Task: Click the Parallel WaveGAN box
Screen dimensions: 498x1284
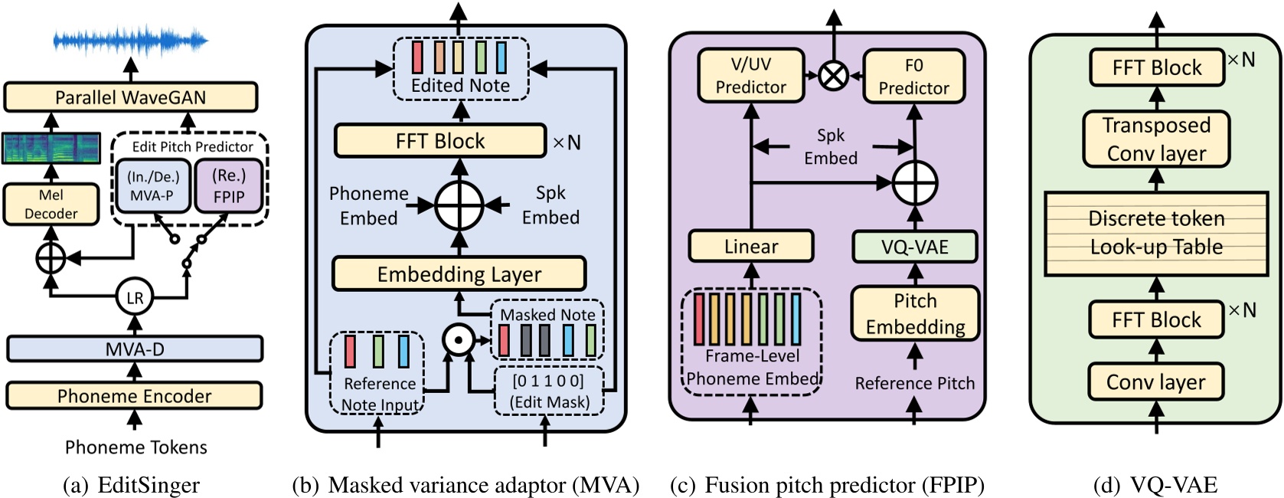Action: (x=130, y=97)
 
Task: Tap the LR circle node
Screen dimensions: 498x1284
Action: (x=135, y=298)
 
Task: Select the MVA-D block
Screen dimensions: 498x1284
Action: (x=135, y=349)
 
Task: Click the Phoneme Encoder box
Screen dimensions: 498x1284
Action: (x=135, y=396)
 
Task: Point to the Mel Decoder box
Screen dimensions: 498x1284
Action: (x=51, y=204)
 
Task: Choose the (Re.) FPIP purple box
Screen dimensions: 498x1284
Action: (x=229, y=186)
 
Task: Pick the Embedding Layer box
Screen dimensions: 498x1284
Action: (x=459, y=274)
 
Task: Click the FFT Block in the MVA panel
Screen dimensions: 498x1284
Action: (x=440, y=141)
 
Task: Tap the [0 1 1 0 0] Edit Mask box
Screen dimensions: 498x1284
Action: (x=548, y=392)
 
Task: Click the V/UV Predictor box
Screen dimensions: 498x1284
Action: (x=750, y=76)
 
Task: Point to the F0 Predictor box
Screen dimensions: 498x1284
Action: (x=913, y=77)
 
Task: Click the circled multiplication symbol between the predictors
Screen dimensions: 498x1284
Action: (x=833, y=75)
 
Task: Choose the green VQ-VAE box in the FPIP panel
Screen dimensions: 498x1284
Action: (x=914, y=247)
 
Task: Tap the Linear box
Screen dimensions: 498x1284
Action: (x=750, y=247)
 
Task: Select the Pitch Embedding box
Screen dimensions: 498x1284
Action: (x=915, y=313)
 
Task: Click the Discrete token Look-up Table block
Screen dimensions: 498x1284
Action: (x=1156, y=233)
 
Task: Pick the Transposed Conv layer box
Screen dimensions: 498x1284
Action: (x=1156, y=139)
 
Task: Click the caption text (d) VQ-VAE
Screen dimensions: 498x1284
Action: (x=1155, y=485)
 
